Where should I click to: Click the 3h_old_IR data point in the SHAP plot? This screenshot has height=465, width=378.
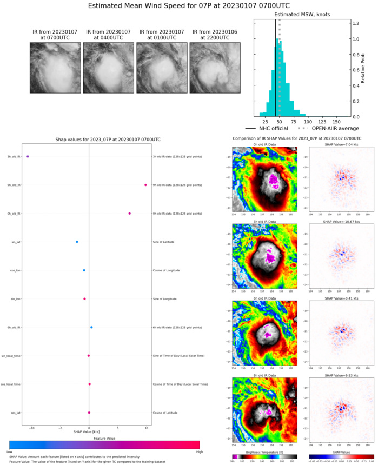pyautogui.click(x=28, y=156)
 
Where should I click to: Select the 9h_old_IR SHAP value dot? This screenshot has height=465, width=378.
pyautogui.click(x=145, y=185)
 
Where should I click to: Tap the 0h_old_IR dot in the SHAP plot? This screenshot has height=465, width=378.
pyautogui.click(x=129, y=214)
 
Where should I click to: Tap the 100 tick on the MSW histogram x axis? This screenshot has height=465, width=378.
pyautogui.click(x=307, y=123)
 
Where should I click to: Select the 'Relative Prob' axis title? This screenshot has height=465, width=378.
pyautogui.click(x=371, y=70)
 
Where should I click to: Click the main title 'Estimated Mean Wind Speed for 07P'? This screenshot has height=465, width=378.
pyautogui.click(x=189, y=6)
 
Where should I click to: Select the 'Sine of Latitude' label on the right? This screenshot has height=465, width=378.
pyautogui.click(x=165, y=242)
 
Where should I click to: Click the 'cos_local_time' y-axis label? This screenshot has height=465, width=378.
pyautogui.click(x=11, y=384)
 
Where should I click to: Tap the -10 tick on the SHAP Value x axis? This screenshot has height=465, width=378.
pyautogui.click(x=32, y=427)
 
